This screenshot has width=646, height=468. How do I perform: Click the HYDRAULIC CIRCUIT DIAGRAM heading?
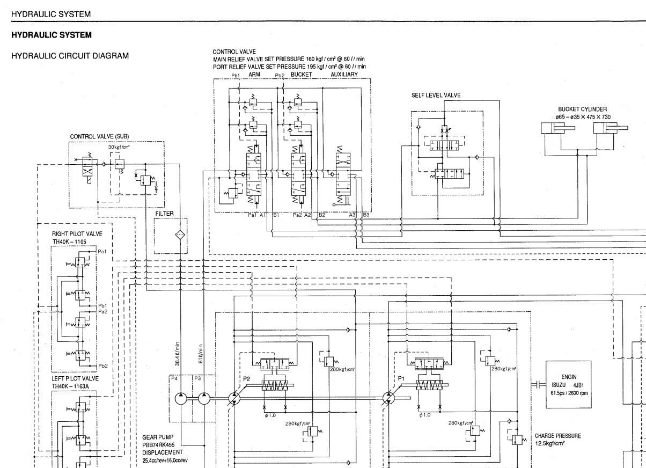[70, 56]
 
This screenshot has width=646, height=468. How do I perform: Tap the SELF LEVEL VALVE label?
[436, 95]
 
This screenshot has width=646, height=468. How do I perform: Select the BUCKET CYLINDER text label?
[582, 109]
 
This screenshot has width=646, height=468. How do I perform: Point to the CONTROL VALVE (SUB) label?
[99, 136]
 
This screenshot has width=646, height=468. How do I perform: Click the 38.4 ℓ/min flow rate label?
[177, 354]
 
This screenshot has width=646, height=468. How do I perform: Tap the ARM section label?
[255, 74]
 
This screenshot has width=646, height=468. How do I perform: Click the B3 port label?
[366, 215]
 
